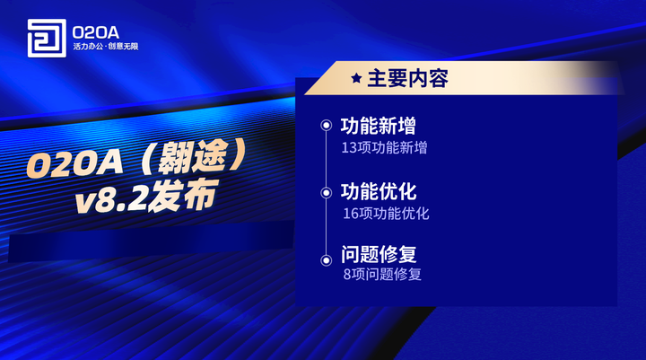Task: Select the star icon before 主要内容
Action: pos(356,79)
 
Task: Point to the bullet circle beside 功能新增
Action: pos(327,126)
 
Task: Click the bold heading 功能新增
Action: pos(378,126)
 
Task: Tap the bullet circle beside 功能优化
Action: pos(327,192)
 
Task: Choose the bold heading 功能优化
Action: pos(378,192)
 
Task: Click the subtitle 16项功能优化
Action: pos(386,214)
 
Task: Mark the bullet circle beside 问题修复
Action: pos(327,259)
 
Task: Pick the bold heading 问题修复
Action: pos(378,254)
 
